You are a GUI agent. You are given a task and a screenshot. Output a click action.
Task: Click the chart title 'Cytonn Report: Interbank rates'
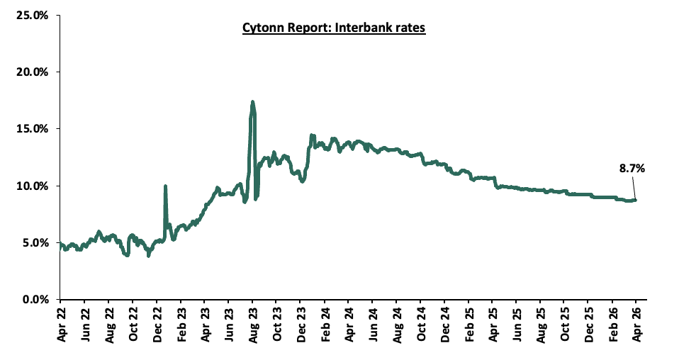(x=333, y=28)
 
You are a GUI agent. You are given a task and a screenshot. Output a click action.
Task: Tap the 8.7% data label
(x=632, y=169)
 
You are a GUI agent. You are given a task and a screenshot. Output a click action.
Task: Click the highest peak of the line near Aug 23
(x=252, y=102)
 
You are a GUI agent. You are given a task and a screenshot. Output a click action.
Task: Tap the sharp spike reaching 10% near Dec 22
(x=165, y=186)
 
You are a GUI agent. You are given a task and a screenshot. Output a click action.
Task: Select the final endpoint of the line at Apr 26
(x=635, y=200)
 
